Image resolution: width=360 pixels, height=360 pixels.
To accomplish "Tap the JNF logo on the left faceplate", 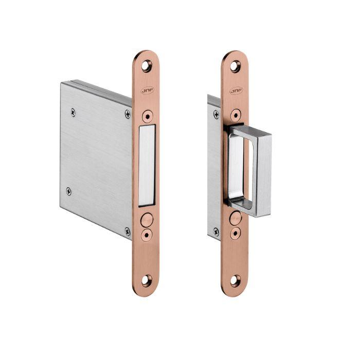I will click(147, 90).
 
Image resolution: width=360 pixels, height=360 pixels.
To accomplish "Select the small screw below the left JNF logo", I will click(147, 116).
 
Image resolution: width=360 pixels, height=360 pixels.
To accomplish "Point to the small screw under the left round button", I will click(147, 234).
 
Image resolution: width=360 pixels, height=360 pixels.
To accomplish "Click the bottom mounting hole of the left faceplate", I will click(147, 281).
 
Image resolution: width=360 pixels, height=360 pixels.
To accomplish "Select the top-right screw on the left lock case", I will click(128, 114).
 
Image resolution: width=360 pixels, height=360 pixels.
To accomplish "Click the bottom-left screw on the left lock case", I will click(69, 192).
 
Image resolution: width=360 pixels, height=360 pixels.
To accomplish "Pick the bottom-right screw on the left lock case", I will click(128, 231).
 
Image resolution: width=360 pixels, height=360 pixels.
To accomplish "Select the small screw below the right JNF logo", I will click(236, 116).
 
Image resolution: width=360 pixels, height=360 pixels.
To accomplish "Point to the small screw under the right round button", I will click(236, 234).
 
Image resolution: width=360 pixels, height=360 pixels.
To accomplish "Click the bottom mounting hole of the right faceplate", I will click(235, 281).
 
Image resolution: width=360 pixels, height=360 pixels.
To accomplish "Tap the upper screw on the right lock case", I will click(216, 114).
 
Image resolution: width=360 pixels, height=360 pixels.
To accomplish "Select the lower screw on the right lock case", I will click(216, 232).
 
